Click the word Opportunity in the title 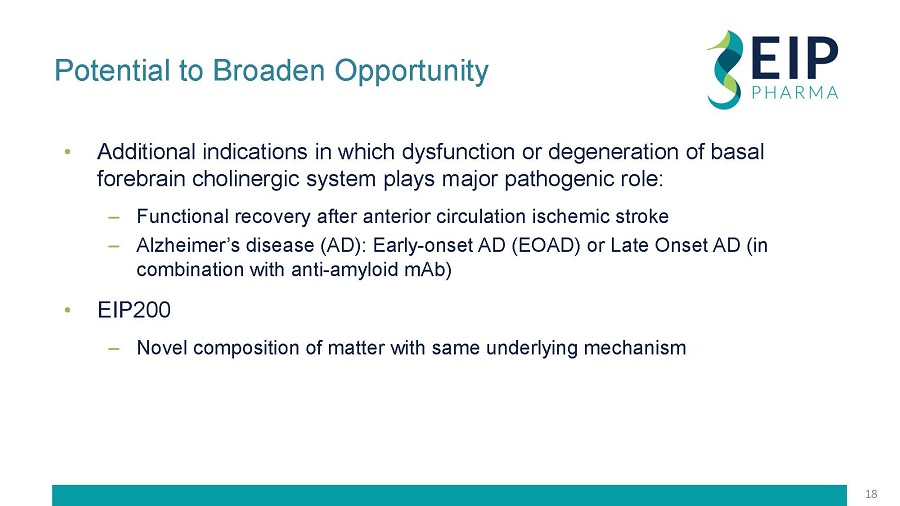click(x=412, y=72)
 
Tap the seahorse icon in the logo click(x=724, y=69)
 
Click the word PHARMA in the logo click(x=795, y=92)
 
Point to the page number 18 click(x=871, y=494)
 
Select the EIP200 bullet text click(x=134, y=310)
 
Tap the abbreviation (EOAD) click(x=546, y=246)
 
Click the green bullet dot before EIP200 click(x=68, y=310)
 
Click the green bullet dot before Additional click(x=68, y=152)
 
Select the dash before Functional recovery click(x=114, y=217)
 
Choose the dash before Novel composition click(x=114, y=348)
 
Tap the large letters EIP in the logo click(x=794, y=58)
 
